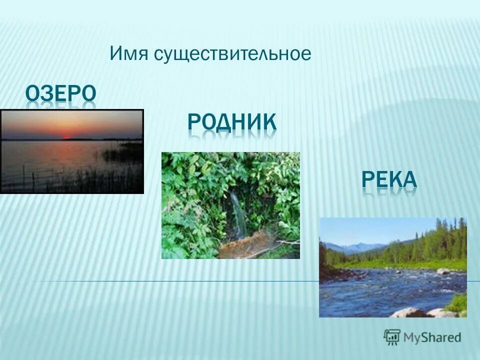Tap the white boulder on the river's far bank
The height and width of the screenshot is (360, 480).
point(443,271)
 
